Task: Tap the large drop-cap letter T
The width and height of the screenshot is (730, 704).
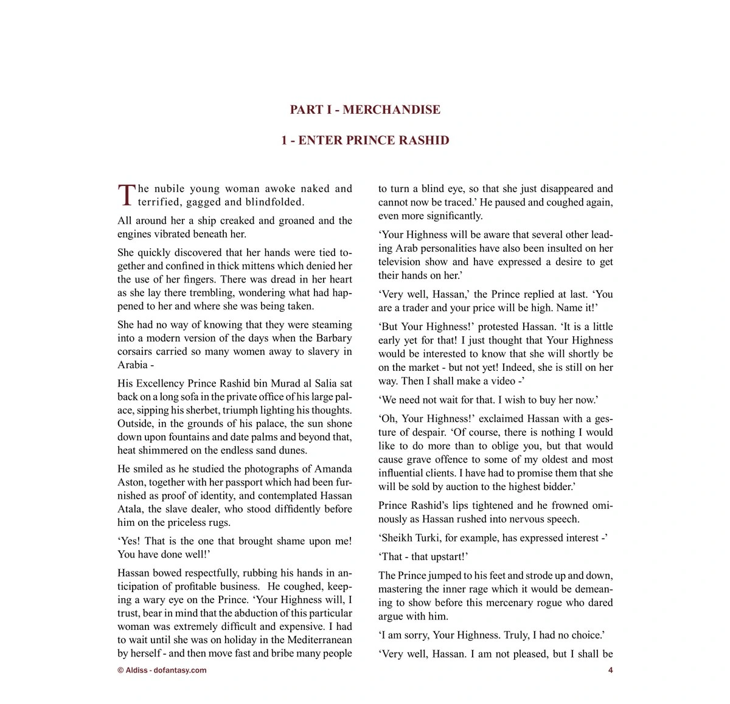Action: click(126, 195)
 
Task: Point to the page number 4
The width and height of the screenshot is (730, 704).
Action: click(610, 671)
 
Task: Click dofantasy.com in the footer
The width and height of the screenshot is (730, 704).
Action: click(180, 671)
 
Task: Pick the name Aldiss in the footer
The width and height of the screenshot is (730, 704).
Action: click(136, 671)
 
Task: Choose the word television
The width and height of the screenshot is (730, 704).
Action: click(402, 262)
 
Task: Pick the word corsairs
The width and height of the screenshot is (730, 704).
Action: click(136, 351)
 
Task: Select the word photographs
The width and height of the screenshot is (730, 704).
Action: click(274, 469)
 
